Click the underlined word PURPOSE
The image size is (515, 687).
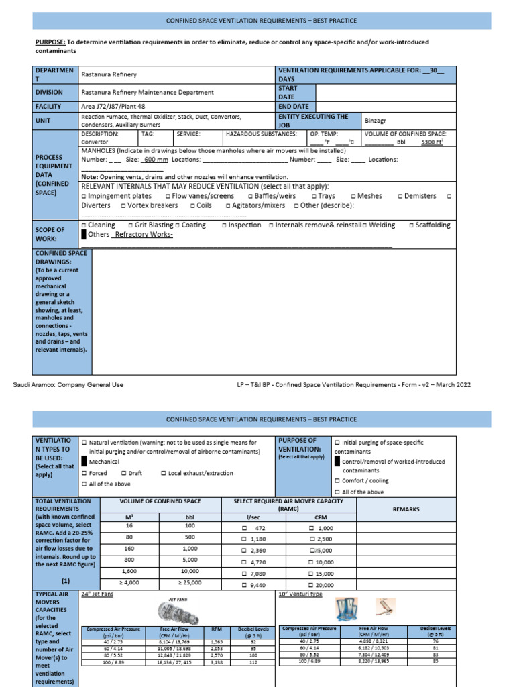(x=49, y=42)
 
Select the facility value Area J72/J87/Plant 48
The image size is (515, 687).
(x=112, y=106)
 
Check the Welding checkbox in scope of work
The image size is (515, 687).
(x=365, y=225)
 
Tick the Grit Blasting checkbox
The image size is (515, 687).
(x=130, y=225)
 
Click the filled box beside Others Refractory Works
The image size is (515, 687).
(x=84, y=235)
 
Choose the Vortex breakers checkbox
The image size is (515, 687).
(x=122, y=205)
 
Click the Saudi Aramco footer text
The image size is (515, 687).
(x=68, y=384)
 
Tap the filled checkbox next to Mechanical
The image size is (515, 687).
(x=84, y=462)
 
